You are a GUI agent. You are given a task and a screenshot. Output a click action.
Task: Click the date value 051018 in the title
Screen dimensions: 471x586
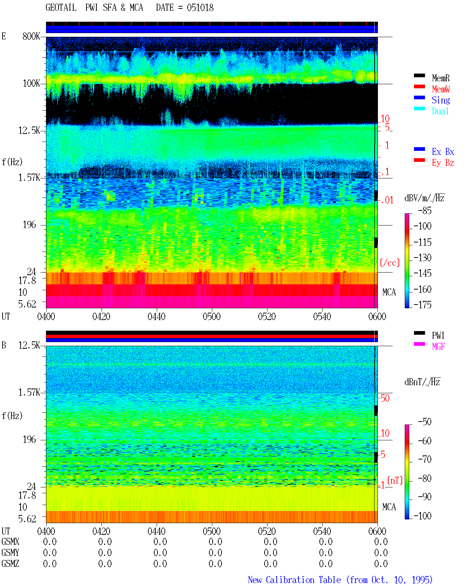(x=200, y=8)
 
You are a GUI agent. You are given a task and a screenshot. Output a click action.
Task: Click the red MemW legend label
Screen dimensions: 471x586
(x=440, y=89)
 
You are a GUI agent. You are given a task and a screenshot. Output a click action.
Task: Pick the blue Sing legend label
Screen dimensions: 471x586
(x=440, y=100)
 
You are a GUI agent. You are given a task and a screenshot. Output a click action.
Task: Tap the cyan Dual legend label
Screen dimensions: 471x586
(x=440, y=111)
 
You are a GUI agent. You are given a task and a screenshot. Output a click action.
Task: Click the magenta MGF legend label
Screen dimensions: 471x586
(x=438, y=347)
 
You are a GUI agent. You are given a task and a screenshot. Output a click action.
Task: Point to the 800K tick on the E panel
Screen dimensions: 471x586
(x=31, y=36)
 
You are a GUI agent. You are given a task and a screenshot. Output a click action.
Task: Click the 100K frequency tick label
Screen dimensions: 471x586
(x=31, y=84)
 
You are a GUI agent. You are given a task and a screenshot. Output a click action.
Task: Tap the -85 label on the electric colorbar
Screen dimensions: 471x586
(x=425, y=210)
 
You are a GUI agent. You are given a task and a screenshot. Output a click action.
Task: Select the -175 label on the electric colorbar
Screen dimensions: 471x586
(x=422, y=305)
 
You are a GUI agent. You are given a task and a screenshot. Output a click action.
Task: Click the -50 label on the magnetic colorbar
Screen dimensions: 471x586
(x=425, y=422)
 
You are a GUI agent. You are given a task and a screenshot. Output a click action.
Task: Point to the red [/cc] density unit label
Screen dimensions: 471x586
(x=390, y=263)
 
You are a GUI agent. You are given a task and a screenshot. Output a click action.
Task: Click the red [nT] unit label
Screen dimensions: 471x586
(x=395, y=480)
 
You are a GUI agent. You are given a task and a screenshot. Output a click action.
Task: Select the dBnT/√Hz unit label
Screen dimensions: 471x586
(x=422, y=382)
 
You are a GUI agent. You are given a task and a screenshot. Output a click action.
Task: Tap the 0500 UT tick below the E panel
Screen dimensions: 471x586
(x=212, y=316)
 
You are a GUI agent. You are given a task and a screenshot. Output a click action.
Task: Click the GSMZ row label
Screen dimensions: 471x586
(x=10, y=564)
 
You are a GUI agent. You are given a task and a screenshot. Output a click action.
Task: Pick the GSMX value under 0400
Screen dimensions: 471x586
(x=50, y=541)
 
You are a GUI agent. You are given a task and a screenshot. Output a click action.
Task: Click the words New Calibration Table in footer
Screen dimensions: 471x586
(x=294, y=580)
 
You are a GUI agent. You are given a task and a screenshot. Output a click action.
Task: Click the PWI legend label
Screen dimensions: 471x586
(x=438, y=335)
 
